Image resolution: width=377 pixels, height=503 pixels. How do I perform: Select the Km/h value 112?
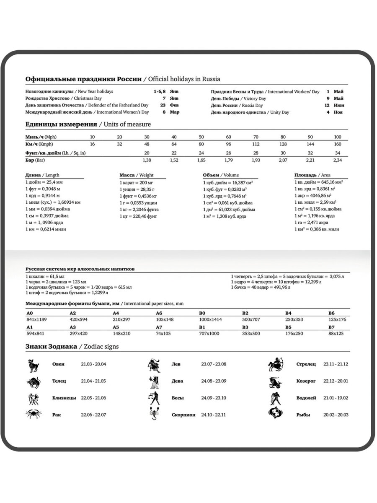pyautogui.click(x=256, y=144)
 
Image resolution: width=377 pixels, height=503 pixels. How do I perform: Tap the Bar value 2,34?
pyautogui.click(x=338, y=160)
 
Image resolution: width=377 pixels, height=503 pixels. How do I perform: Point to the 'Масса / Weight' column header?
pyautogui.click(x=137, y=175)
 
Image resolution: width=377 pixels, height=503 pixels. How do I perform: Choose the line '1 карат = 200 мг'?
pyautogui.click(x=136, y=183)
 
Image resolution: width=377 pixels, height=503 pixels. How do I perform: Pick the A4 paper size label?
pyautogui.click(x=116, y=313)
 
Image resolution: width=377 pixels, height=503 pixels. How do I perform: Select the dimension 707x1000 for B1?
pyautogui.click(x=209, y=333)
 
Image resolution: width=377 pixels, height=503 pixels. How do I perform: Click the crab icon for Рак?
pyautogui.click(x=33, y=414)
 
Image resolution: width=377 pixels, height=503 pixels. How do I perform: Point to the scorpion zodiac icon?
pyautogui.click(x=153, y=414)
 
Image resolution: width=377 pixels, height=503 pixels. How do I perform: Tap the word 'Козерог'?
pyautogui.click(x=305, y=381)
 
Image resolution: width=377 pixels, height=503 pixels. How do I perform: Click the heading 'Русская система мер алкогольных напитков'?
pyautogui.click(x=80, y=269)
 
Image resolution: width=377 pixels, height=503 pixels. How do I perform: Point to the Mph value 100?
pyautogui.click(x=338, y=137)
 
